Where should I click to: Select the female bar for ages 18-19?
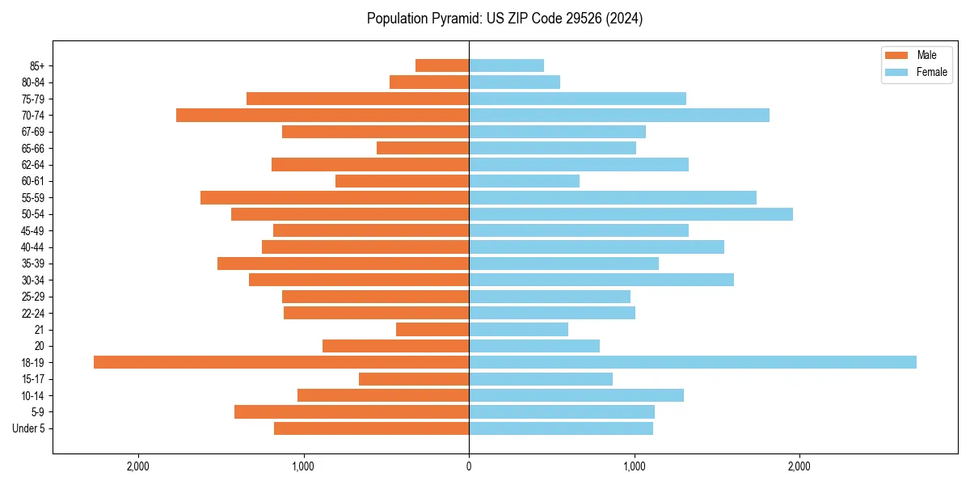pos(693,362)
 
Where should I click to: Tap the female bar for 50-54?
pos(630,214)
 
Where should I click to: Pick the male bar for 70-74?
pos(323,116)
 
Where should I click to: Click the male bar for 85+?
pos(442,65)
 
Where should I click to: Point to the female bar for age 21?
pos(518,329)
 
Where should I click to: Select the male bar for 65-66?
pos(423,148)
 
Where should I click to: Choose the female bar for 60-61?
pos(524,181)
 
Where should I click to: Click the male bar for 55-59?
pos(335,198)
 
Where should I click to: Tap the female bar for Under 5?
pos(561,428)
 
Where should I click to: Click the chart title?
pos(504,19)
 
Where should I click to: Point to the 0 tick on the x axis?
pos(469,466)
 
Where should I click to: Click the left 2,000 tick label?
pos(138,466)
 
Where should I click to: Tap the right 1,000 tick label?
pos(634,466)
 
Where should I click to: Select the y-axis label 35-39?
pos(33,264)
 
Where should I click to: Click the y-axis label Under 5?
pos(29,428)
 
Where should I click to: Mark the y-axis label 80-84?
pos(33,82)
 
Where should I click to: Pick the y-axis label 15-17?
pos(33,379)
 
